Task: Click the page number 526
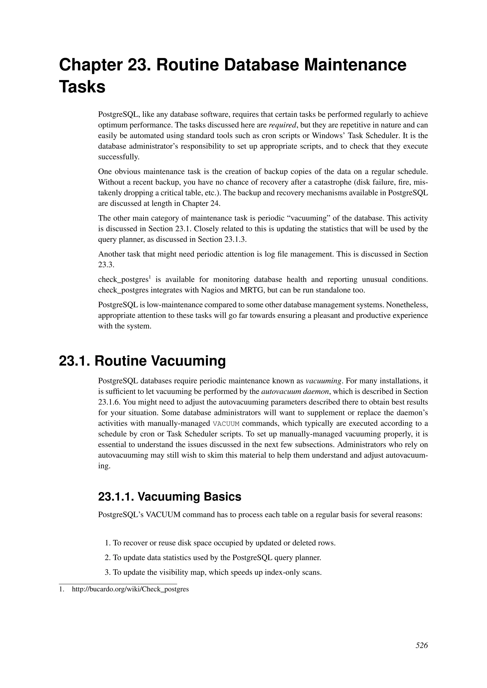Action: point(421,654)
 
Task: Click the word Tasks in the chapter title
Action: point(82,87)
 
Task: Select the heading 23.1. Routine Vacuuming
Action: point(142,361)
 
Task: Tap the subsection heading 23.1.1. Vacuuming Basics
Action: point(170,497)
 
